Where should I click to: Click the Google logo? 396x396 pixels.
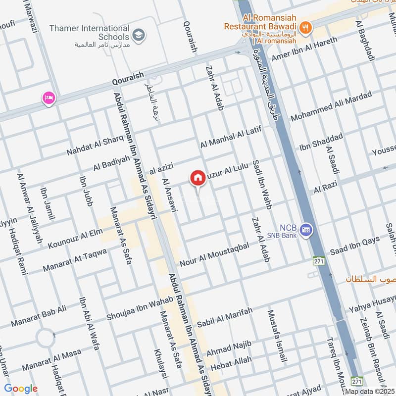(x=21, y=389)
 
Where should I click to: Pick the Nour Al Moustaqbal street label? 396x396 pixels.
(x=214, y=253)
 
